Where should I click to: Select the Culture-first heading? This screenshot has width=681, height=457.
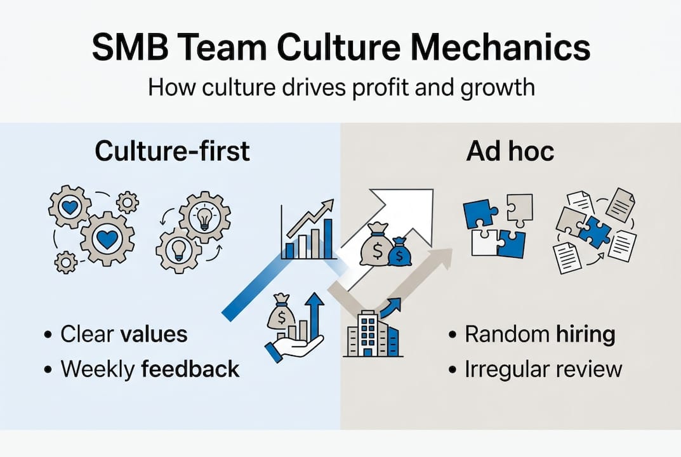coord(172,151)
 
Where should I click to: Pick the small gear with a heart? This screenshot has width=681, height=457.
coord(69,208)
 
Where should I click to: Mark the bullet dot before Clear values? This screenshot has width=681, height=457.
coord(49,334)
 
